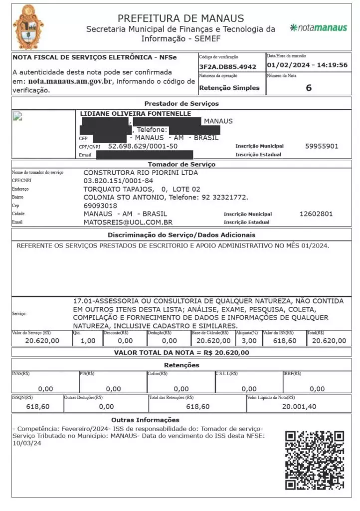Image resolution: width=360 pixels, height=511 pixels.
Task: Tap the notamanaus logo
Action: (x=319, y=27)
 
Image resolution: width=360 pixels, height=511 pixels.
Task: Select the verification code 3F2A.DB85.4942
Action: (x=227, y=66)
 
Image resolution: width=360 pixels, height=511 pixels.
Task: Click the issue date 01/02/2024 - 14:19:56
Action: (x=307, y=65)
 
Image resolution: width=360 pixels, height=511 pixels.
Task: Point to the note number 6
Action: (x=309, y=88)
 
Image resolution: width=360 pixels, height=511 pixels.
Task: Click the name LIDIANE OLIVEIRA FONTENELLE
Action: (x=136, y=114)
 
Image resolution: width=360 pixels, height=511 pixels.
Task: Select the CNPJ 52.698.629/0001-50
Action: (x=143, y=146)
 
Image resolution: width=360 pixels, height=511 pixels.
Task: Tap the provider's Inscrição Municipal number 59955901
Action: (x=322, y=146)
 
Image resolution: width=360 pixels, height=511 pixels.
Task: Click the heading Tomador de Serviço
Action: (x=181, y=164)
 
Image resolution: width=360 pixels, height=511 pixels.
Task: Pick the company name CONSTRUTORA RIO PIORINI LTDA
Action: (x=141, y=173)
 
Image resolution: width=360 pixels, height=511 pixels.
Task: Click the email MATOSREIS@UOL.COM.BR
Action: (x=128, y=222)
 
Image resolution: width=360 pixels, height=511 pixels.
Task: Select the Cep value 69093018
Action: (x=100, y=206)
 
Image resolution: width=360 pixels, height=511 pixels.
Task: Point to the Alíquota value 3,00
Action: (x=249, y=341)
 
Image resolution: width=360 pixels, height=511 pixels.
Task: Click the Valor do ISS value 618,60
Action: (x=285, y=341)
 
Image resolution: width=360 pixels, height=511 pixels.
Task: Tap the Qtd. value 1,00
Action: (x=87, y=341)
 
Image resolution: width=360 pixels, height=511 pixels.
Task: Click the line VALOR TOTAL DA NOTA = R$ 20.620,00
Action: (x=181, y=353)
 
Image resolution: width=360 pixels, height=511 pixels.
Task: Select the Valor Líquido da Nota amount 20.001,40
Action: (x=299, y=407)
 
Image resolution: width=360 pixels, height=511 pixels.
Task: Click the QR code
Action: (x=315, y=460)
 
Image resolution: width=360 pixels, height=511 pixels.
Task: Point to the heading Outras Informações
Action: (x=145, y=420)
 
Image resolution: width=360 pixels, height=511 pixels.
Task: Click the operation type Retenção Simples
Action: (x=229, y=88)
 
